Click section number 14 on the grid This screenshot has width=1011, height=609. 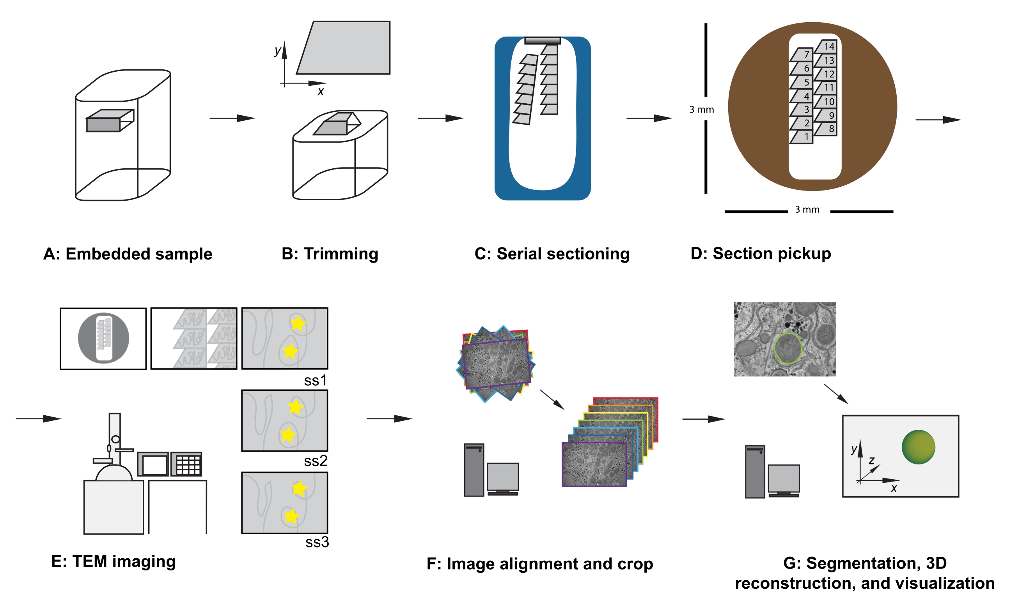828,47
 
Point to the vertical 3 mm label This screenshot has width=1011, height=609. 701,109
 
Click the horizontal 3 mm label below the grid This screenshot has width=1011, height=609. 807,209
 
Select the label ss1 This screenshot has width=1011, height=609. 315,380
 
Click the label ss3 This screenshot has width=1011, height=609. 317,542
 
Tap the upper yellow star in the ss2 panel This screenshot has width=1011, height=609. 295,407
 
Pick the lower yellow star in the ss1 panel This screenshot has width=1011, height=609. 291,351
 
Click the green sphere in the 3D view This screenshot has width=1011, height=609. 918,447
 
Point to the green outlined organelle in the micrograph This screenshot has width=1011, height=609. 788,348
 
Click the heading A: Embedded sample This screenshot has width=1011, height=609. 128,254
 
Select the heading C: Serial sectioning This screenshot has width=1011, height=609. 552,254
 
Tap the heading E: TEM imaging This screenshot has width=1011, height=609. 113,561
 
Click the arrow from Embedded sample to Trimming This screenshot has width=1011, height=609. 232,118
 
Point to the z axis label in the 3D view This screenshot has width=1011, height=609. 871,461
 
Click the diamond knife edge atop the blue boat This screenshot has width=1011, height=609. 542,41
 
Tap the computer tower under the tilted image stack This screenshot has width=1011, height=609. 474,470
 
